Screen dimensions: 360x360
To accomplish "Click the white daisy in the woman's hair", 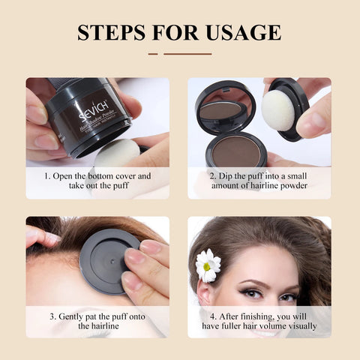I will click(208, 264).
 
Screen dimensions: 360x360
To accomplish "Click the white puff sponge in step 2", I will click(279, 109).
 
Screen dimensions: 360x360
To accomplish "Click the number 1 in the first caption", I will click(46, 176).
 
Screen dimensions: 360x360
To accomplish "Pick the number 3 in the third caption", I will click(52, 316).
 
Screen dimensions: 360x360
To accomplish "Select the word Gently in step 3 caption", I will click(73, 316).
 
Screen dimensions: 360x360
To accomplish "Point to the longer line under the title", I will click(187, 54).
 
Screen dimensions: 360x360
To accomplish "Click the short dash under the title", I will click(153, 54).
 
